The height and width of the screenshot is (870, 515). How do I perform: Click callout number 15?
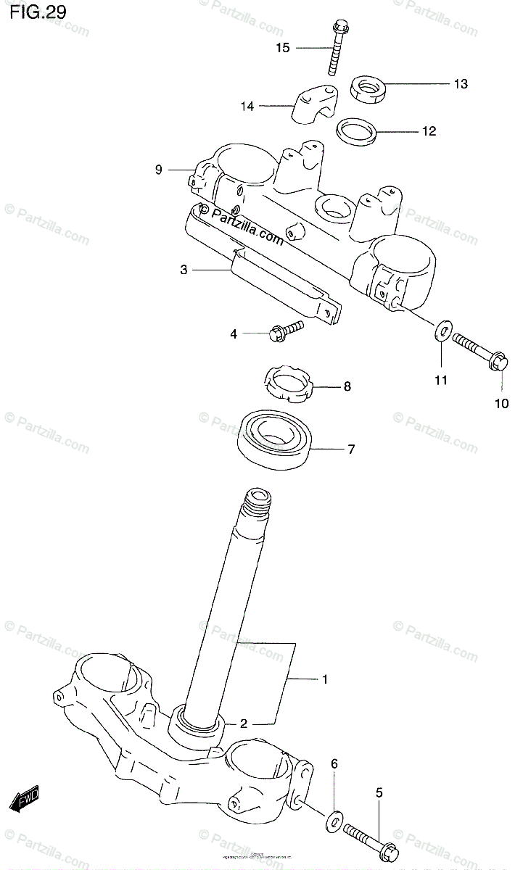(283, 48)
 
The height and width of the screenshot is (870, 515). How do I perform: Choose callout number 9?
(158, 170)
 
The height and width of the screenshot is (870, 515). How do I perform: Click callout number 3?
(184, 270)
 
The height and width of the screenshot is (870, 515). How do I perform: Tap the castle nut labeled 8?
(291, 386)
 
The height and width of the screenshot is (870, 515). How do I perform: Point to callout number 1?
(325, 679)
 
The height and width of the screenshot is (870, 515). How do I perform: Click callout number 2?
(244, 723)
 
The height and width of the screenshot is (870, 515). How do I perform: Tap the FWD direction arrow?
(25, 799)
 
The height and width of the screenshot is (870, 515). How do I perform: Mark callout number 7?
(350, 449)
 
